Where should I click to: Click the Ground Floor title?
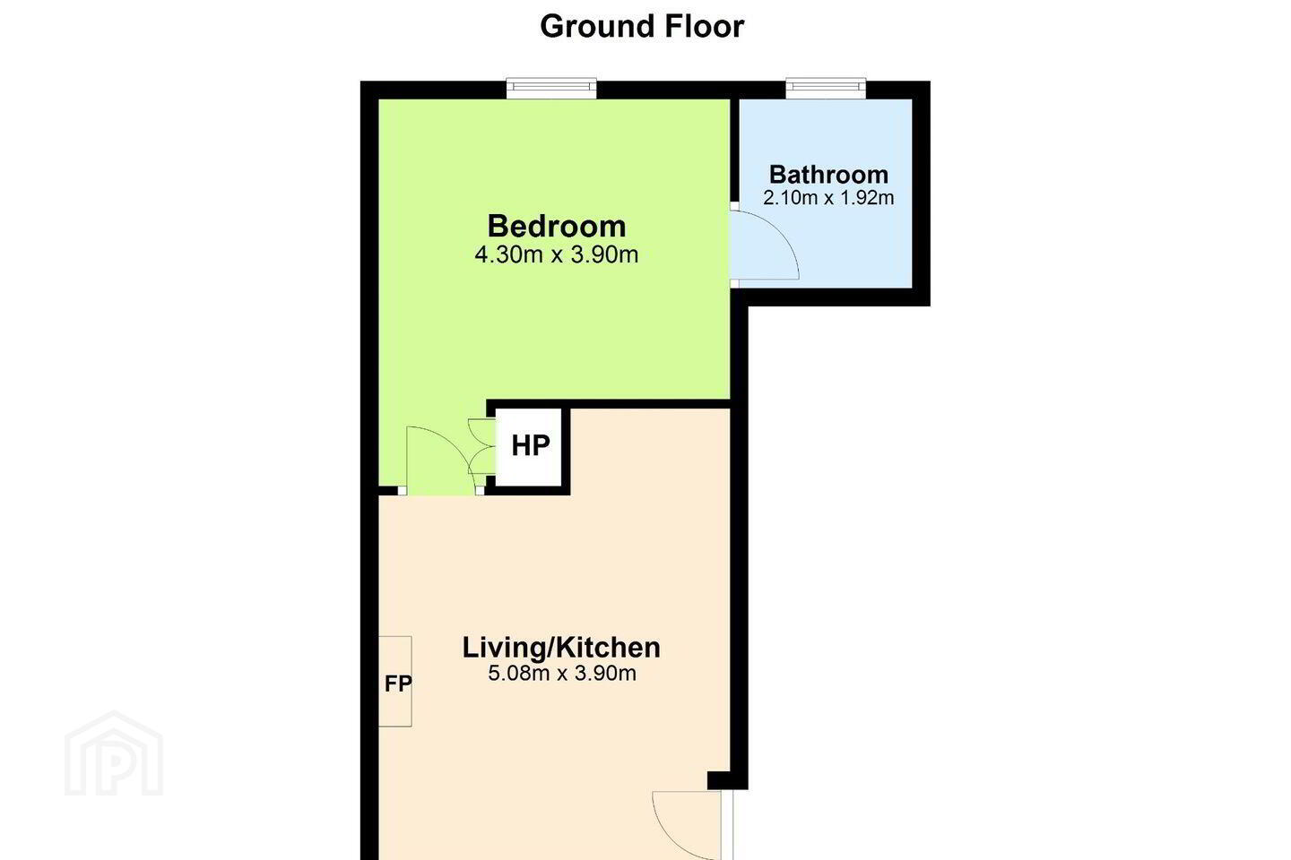[642, 27]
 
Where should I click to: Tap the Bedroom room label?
[557, 226]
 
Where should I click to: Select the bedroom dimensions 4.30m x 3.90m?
[557, 254]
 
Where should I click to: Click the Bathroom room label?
[828, 175]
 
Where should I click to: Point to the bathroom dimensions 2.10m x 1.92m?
[828, 198]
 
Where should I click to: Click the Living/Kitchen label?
[561, 648]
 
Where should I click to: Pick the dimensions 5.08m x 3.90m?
[562, 673]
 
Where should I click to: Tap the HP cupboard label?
[531, 445]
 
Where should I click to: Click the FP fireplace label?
[398, 684]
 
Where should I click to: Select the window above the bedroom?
[551, 88]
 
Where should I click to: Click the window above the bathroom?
[826, 88]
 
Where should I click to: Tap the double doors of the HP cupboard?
[481, 446]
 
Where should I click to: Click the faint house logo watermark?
[114, 753]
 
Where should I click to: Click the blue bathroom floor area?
[853, 247]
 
